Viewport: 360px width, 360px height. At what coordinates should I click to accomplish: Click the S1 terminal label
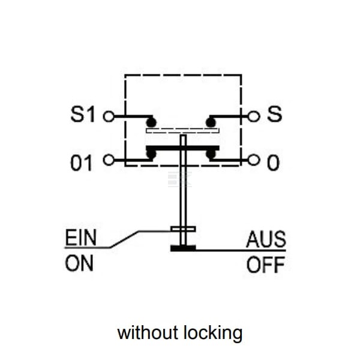coord(83,114)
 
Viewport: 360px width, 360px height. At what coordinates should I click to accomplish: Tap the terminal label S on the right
coord(274,114)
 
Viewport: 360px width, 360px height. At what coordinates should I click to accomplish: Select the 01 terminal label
coord(81,163)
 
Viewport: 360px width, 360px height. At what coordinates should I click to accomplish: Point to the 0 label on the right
coord(273,163)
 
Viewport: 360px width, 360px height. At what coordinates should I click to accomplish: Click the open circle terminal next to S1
coord(109,116)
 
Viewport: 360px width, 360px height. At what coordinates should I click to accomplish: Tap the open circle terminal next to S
coord(253,116)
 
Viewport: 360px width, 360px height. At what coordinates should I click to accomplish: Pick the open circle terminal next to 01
coord(109,160)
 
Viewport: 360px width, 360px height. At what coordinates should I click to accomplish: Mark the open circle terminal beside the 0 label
coord(253,160)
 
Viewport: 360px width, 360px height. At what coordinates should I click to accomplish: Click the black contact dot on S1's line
coord(151,122)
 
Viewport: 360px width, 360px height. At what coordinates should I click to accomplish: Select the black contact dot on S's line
coord(211,122)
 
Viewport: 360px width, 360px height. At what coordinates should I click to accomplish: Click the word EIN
coord(80,238)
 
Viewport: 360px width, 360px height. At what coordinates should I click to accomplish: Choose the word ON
coord(79,263)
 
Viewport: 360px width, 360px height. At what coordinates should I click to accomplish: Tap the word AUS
coord(266,239)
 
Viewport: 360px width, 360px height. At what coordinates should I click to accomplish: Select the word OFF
coord(266,265)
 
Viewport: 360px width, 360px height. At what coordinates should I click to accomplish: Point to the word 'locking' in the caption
coord(213,334)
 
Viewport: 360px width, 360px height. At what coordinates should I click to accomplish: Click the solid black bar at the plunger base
coord(183,248)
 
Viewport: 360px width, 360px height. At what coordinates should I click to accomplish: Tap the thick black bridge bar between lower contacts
coord(183,148)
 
